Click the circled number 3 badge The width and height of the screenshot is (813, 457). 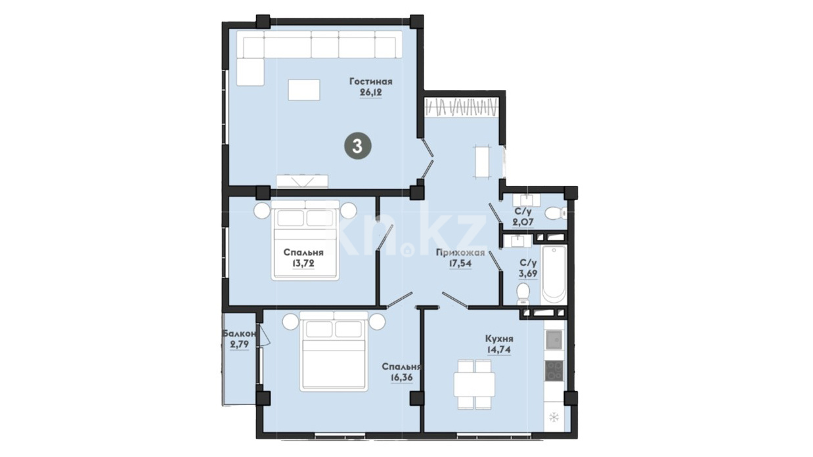[x=357, y=146]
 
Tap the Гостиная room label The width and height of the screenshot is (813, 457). [x=371, y=81]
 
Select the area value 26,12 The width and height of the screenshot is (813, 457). [x=371, y=93]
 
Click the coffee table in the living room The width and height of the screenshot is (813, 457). [x=304, y=90]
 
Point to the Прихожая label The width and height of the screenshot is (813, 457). [x=460, y=253]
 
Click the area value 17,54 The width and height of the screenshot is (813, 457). [x=460, y=263]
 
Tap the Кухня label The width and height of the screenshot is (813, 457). [x=499, y=339]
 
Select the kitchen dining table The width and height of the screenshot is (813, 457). [x=474, y=384]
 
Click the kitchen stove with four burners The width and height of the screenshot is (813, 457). [x=554, y=370]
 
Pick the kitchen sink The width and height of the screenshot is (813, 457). [x=554, y=339]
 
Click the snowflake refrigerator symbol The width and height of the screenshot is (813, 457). [x=554, y=418]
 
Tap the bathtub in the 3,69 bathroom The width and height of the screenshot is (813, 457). [x=554, y=275]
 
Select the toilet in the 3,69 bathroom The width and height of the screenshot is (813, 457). [x=523, y=294]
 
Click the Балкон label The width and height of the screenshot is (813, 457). [x=239, y=334]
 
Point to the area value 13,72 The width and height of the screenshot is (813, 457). [x=303, y=263]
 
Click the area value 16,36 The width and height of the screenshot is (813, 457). [x=402, y=378]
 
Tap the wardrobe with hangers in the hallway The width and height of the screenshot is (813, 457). [x=461, y=108]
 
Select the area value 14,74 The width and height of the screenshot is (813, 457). [x=499, y=349]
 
